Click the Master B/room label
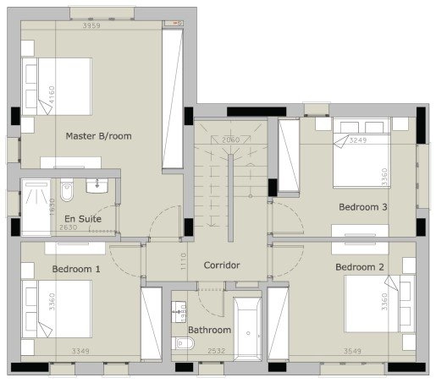click(98, 135)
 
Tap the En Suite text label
click(83, 218)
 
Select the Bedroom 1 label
click(75, 269)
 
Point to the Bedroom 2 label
click(361, 268)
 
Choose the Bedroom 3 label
click(363, 206)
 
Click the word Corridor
click(222, 265)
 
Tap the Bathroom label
click(209, 330)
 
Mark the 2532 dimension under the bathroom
click(216, 349)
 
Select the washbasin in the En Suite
click(99, 183)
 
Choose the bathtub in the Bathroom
click(248, 330)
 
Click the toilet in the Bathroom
click(184, 342)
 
